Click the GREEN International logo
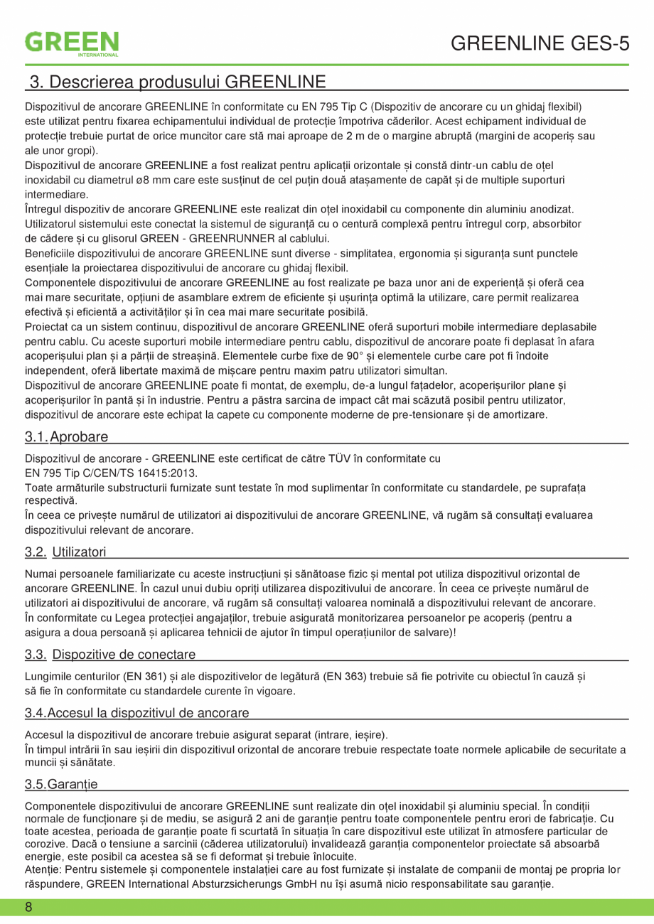pyautogui.click(x=72, y=43)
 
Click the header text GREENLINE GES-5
pyautogui.click(x=540, y=44)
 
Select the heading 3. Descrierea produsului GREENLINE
pyautogui.click(x=177, y=82)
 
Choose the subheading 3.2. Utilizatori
pyautogui.click(x=65, y=552)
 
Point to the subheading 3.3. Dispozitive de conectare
pyautogui.click(x=110, y=655)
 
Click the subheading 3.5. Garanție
pyautogui.click(x=61, y=784)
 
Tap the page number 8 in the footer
pyautogui.click(x=28, y=908)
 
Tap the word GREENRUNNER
pyautogui.click(x=240, y=238)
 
